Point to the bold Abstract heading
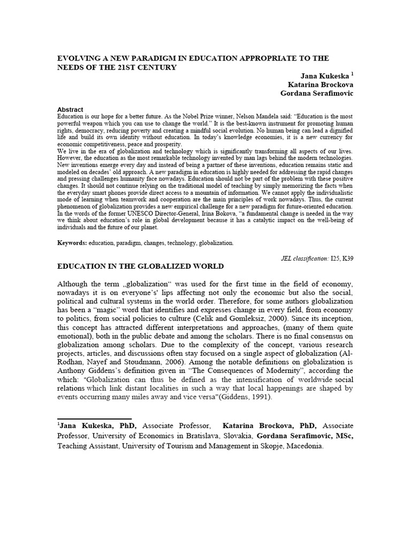point(70,109)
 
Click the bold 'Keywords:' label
point(73,243)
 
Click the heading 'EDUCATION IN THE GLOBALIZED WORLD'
point(140,266)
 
